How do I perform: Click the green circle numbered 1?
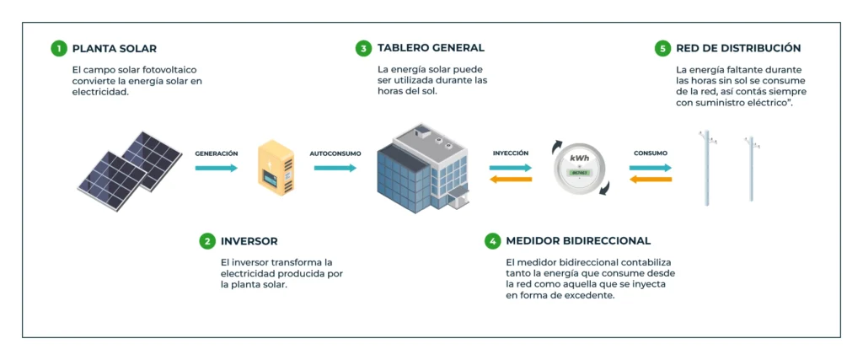(58, 48)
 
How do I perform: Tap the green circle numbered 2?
(207, 241)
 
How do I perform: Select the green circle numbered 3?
(363, 48)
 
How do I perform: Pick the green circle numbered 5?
(662, 48)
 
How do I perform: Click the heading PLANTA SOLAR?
(115, 48)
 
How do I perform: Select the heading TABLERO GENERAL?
(431, 48)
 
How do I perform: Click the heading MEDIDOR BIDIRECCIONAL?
(578, 241)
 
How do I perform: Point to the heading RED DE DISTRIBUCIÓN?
(738, 48)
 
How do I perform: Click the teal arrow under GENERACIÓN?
(217, 168)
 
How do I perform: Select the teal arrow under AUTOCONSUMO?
(335, 168)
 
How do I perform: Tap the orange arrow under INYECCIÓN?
(511, 179)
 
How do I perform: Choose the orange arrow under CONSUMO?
(650, 179)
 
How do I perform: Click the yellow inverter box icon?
(276, 167)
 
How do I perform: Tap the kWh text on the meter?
(580, 159)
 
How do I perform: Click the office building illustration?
(422, 169)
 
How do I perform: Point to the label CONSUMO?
(651, 153)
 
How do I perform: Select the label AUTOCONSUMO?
(335, 153)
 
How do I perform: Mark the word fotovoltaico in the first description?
(167, 69)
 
